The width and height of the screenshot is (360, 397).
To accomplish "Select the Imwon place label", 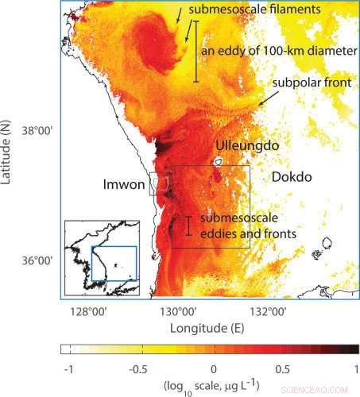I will click(123, 185).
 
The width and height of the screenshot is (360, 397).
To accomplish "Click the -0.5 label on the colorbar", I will click(141, 369).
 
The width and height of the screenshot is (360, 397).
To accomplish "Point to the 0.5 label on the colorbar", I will click(286, 369).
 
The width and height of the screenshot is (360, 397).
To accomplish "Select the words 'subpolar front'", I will click(306, 83).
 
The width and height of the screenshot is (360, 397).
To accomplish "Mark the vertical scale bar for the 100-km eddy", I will click(195, 51).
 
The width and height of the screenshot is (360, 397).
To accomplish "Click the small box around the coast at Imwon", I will click(159, 184).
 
